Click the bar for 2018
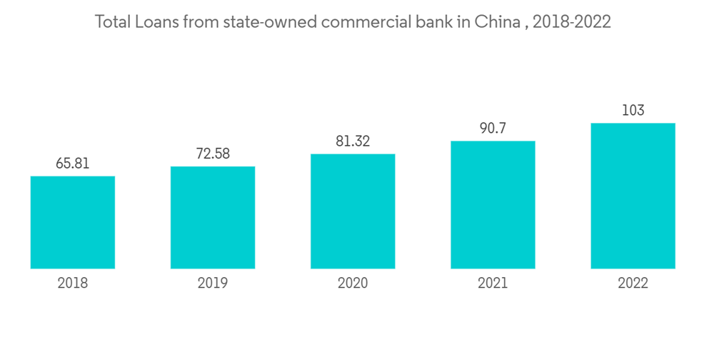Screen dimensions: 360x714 73,222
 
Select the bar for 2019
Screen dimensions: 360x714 213,217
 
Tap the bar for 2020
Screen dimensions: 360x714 353,211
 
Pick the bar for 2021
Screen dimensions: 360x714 493,205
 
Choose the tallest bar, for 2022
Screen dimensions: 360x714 633,196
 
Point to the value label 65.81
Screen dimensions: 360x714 73,164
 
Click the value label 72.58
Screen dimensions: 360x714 213,154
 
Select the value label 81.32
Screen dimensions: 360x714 353,141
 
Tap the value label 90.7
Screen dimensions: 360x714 493,129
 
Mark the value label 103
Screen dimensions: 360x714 633,111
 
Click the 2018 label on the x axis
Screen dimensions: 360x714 73,284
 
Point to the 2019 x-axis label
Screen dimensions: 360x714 213,284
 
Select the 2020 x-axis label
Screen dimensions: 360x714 353,284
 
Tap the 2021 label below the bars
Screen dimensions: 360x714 493,284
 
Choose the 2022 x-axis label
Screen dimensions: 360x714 633,284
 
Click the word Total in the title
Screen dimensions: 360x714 113,22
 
